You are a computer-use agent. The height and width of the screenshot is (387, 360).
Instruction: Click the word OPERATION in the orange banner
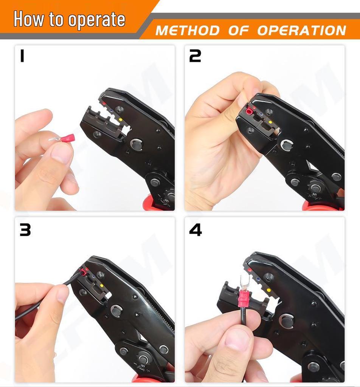301,31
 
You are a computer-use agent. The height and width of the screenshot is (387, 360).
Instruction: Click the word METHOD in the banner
188,31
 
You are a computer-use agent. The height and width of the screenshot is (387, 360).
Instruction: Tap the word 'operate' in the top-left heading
96,20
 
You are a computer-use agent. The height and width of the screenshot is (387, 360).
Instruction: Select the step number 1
22,56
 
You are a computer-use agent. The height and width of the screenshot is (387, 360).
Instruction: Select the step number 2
195,56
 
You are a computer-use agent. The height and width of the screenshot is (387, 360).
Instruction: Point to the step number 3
25,230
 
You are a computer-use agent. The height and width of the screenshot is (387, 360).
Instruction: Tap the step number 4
195,230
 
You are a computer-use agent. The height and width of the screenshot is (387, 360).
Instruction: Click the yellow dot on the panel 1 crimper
121,120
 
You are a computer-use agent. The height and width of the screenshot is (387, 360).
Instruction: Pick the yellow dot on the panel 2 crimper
270,122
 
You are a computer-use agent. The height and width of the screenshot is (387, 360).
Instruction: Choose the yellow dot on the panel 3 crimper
101,286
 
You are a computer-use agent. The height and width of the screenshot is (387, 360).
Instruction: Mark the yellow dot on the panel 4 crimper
268,290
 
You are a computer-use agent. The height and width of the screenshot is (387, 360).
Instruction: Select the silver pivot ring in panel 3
116,311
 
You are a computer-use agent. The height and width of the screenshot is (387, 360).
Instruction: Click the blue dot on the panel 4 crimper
258,280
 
